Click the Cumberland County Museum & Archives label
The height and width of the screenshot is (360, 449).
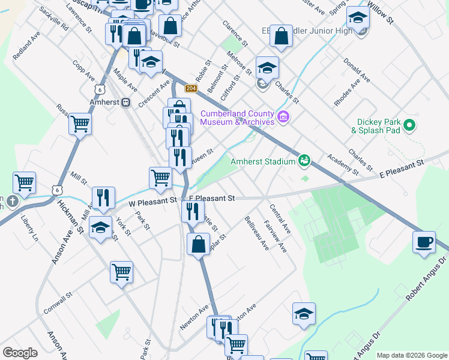(x=237, y=118)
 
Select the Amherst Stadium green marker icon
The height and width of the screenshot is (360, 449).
(x=304, y=160)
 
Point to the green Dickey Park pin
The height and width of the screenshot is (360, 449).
(x=410, y=125)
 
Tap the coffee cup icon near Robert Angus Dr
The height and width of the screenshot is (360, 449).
(x=424, y=242)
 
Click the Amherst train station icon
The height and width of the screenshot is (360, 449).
(x=126, y=102)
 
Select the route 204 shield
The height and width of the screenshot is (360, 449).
(x=191, y=88)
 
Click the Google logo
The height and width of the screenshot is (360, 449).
(x=20, y=353)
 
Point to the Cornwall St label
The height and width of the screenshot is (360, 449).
(x=58, y=304)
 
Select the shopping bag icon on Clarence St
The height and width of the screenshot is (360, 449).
(x=281, y=36)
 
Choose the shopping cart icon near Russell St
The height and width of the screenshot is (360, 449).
(x=80, y=124)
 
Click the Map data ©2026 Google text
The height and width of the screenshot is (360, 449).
(x=411, y=355)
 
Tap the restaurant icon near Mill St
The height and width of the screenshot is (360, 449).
(x=103, y=197)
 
